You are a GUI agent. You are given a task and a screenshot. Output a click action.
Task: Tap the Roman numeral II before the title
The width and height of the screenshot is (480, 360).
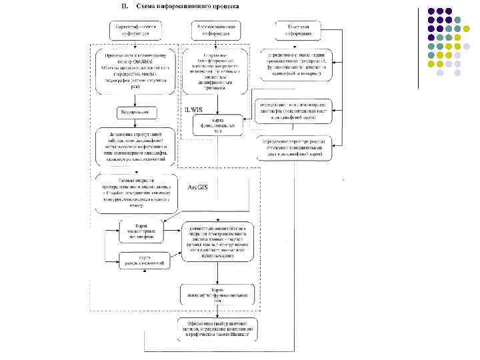[x=124, y=6]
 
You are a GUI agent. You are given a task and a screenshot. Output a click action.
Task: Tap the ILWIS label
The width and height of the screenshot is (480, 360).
[x=193, y=109]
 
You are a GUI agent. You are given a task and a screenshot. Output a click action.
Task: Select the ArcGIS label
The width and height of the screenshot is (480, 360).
[x=198, y=187]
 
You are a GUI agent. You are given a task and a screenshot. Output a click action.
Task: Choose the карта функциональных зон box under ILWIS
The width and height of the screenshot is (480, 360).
[x=217, y=123]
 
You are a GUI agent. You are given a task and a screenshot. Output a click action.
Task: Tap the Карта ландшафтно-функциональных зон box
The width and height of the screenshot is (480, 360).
[x=217, y=294]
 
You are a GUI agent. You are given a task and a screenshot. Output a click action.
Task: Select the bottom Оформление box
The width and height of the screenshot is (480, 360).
[x=217, y=330]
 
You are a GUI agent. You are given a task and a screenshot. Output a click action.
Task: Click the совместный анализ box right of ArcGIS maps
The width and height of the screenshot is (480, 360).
[x=217, y=241]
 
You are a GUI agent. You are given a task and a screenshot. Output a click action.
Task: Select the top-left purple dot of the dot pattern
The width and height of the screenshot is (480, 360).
[x=431, y=11]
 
